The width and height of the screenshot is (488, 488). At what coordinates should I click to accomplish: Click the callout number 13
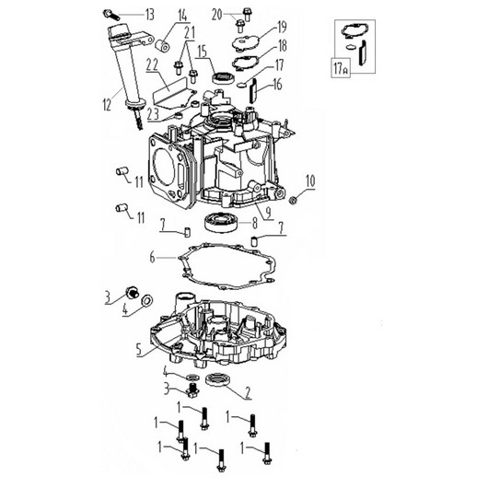pyautogui.click(x=149, y=14)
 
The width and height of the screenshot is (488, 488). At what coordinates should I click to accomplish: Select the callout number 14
pyautogui.click(x=181, y=15)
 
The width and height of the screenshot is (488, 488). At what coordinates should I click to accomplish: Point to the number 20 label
pyautogui.click(x=215, y=13)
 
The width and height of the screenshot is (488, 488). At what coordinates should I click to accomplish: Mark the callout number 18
pyautogui.click(x=282, y=45)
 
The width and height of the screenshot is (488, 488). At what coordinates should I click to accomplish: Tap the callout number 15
pyautogui.click(x=200, y=51)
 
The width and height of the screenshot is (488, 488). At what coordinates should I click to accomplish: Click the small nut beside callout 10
pyautogui.click(x=293, y=198)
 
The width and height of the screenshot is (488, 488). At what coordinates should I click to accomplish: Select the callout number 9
pyautogui.click(x=266, y=211)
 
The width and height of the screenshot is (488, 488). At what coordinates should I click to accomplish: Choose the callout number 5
pyautogui.click(x=139, y=350)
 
